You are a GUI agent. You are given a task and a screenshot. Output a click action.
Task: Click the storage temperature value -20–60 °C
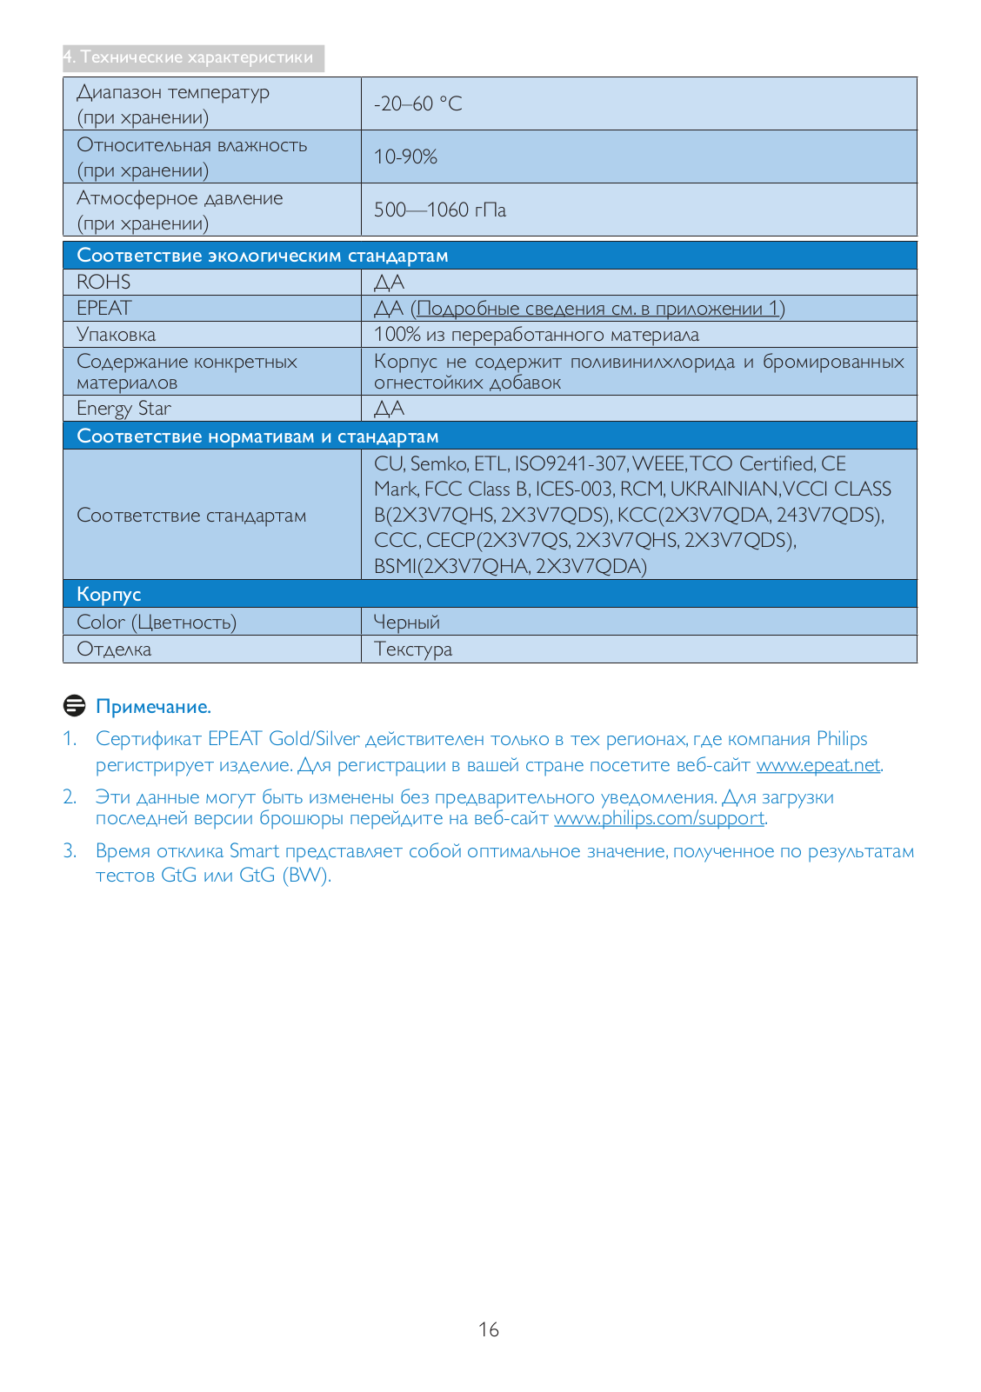pos(417,103)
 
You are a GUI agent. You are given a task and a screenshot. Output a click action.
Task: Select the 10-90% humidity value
pos(405,157)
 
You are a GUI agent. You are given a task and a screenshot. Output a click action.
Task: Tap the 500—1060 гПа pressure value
pos(439,210)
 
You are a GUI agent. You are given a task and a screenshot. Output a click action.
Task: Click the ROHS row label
pos(103,282)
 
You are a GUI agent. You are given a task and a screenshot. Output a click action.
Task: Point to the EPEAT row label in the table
pos(104,308)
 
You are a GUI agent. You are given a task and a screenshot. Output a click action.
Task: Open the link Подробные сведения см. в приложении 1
pos(600,309)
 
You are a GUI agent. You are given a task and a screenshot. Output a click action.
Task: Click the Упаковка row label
pos(116,335)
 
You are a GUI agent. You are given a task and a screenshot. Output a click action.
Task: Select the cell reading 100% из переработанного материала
pos(536,335)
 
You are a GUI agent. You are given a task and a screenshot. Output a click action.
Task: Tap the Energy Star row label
pos(123,409)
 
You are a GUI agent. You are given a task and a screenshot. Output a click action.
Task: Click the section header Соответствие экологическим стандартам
pos(262,256)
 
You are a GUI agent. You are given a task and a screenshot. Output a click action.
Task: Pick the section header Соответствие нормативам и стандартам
pos(257,436)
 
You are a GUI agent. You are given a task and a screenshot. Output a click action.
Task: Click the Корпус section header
pos(109,595)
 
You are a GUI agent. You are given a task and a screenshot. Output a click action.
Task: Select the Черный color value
pos(406,623)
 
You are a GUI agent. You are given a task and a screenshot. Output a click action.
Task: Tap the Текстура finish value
pos(412,649)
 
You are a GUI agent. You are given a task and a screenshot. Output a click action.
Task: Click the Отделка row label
pos(114,649)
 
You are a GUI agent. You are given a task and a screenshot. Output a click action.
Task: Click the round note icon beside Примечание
pos(75,706)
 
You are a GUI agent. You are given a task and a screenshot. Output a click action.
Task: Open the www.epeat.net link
pos(817,765)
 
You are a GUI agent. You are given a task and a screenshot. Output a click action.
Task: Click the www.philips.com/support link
pos(659,818)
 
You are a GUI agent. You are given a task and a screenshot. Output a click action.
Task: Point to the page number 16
pos(489,1329)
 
